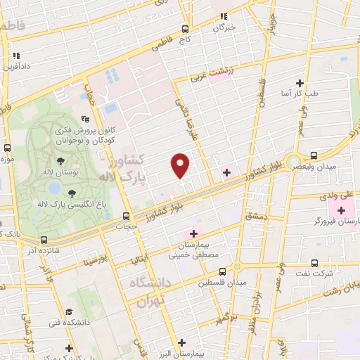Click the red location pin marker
pos(181,165)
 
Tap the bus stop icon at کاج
pos(186,29)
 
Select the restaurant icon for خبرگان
pos(224,16)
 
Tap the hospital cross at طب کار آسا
pos(300,83)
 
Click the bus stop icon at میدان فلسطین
pos(222,271)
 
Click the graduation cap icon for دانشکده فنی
pos(69,311)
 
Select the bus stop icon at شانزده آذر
pos(44,239)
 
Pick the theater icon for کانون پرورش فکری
pos(85,119)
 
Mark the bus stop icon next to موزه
pos(7,148)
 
